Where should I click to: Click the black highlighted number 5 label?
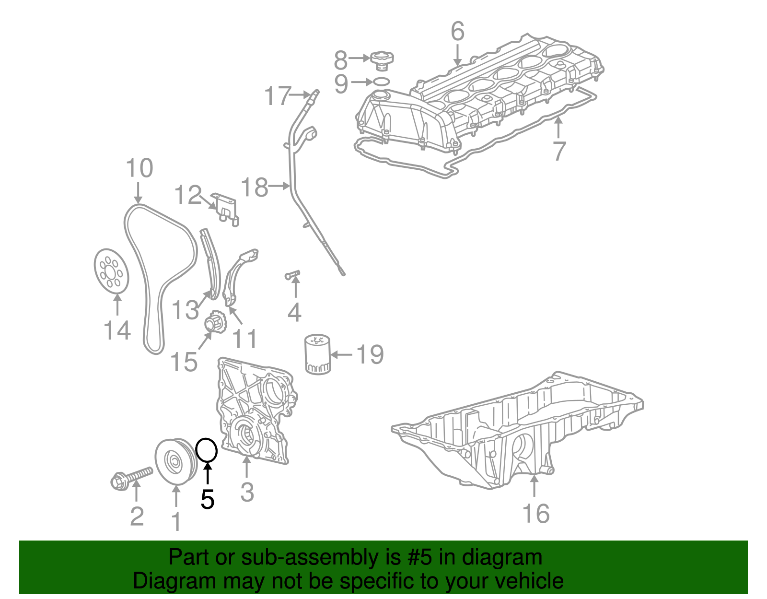pyautogui.click(x=207, y=500)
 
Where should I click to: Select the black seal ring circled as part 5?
pyautogui.click(x=207, y=450)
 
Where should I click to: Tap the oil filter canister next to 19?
pyautogui.click(x=317, y=355)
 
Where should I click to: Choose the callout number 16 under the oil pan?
pyautogui.click(x=535, y=513)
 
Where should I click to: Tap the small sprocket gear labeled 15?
pyautogui.click(x=215, y=322)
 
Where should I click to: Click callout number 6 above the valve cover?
pyautogui.click(x=457, y=31)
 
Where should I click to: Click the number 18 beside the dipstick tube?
pyautogui.click(x=254, y=187)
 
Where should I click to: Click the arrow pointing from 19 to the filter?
pyautogui.click(x=341, y=355)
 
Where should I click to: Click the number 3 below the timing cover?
pyautogui.click(x=246, y=492)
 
